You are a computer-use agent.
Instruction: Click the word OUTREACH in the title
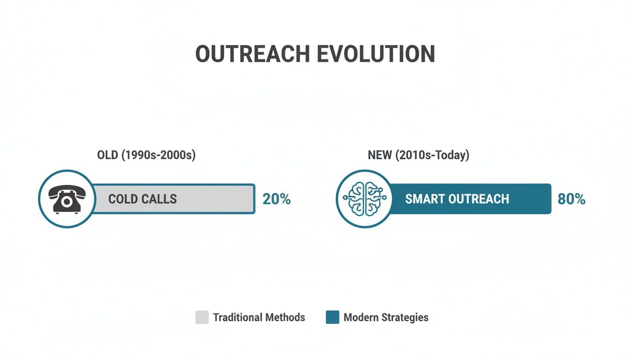253,54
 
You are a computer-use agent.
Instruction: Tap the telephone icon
66,199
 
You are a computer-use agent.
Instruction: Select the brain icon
364,199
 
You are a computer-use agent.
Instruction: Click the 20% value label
277,199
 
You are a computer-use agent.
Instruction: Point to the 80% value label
571,199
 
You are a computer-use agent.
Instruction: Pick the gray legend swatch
202,317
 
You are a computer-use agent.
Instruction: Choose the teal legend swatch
332,317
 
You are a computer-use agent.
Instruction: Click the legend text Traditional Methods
259,317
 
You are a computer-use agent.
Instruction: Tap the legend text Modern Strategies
386,317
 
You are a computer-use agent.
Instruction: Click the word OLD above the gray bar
107,155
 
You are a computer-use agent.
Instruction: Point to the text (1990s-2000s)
158,155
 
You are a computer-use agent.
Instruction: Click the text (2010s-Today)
432,155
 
